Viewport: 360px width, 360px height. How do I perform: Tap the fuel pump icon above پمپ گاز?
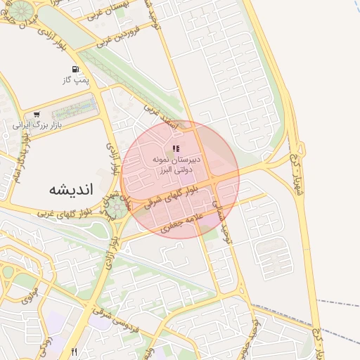click(x=75, y=70)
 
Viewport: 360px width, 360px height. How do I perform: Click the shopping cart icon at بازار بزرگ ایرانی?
click(x=36, y=115)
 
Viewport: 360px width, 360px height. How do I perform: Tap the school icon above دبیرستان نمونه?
click(x=176, y=148)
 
